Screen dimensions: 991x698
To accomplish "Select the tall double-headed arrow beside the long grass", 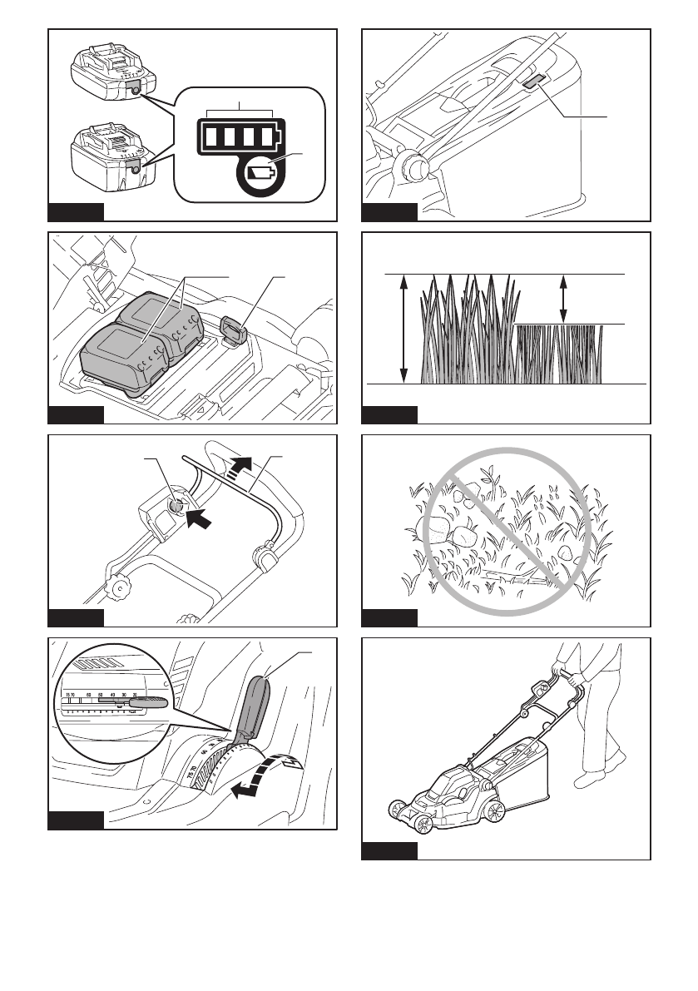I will pos(404,329).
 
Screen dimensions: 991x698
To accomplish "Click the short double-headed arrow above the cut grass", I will pos(565,299).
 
